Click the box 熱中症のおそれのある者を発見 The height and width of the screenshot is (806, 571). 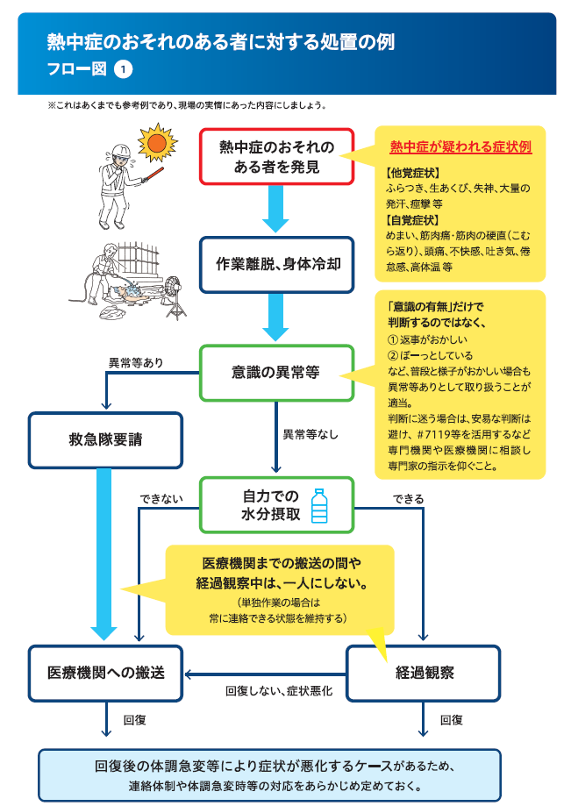click(x=276, y=157)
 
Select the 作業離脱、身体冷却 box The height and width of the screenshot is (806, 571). click(x=276, y=265)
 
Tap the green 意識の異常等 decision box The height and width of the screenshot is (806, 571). click(x=276, y=373)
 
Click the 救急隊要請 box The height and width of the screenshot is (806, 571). click(x=105, y=440)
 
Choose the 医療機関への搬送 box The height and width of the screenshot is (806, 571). click(x=105, y=674)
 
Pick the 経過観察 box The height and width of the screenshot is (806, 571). click(x=424, y=674)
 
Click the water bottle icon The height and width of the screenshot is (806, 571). click(x=319, y=505)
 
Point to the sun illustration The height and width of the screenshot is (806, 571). click(x=157, y=142)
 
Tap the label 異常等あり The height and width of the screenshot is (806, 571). click(x=136, y=363)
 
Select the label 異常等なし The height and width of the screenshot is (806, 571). click(x=310, y=434)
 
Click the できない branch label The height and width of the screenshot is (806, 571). click(x=161, y=499)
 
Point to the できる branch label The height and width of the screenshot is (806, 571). click(x=409, y=499)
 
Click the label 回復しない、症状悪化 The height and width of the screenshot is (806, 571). click(x=279, y=691)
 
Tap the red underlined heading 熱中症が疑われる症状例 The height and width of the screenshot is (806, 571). click(x=460, y=147)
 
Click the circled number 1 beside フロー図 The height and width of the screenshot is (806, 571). click(x=123, y=69)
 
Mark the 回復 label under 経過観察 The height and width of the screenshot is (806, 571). click(x=451, y=720)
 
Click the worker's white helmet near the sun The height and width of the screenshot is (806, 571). click(x=120, y=151)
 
